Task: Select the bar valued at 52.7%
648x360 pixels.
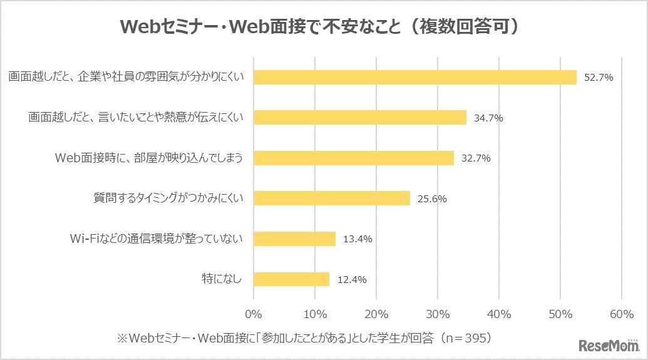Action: (414, 77)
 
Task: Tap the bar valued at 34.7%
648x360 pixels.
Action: (359, 118)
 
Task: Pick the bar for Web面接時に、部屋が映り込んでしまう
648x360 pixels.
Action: (353, 158)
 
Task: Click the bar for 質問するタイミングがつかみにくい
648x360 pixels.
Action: (331, 198)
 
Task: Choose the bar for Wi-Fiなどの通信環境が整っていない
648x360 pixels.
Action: (294, 239)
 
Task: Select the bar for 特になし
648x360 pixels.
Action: (291, 279)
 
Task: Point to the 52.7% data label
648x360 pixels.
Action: (598, 78)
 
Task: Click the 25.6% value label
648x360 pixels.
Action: (431, 199)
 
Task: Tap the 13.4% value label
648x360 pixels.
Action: (357, 239)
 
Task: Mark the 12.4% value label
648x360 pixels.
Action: (351, 280)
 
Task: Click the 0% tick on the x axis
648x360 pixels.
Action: (254, 313)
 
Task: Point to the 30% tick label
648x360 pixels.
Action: (438, 313)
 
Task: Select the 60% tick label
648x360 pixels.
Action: (622, 313)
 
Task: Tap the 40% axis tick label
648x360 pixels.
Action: (499, 313)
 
